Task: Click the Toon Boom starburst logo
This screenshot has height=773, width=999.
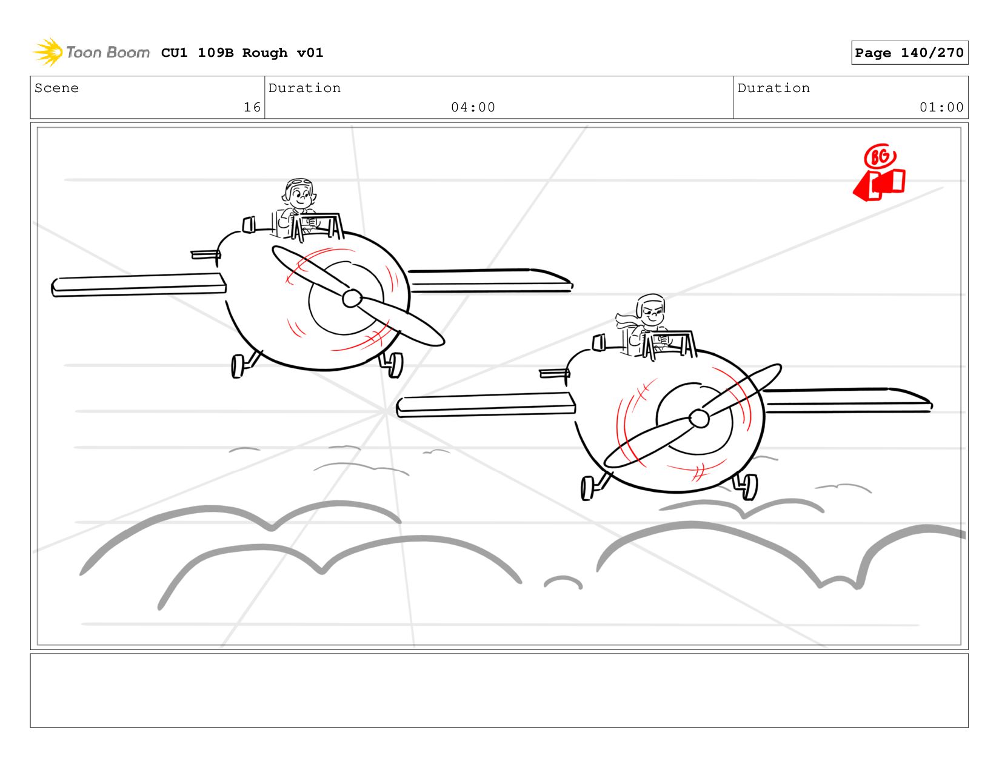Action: (48, 52)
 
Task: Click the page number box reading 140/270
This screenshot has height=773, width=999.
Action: (909, 53)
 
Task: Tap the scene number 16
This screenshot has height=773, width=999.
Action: (252, 107)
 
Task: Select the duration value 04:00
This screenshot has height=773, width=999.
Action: (473, 107)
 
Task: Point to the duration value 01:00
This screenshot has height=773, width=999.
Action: (941, 107)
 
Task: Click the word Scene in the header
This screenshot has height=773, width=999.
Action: (56, 88)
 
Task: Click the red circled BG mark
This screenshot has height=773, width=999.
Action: (880, 157)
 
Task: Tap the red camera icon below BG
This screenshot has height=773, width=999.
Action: (878, 185)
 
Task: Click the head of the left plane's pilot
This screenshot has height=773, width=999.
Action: (299, 193)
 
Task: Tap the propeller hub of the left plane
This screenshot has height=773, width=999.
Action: (352, 299)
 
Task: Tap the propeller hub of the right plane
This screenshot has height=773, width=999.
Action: (699, 419)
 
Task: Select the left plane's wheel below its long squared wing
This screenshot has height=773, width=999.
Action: (238, 366)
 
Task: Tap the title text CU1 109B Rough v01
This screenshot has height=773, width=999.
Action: (242, 53)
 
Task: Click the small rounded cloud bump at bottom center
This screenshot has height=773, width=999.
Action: (563, 582)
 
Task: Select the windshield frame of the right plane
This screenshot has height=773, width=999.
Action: (669, 345)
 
